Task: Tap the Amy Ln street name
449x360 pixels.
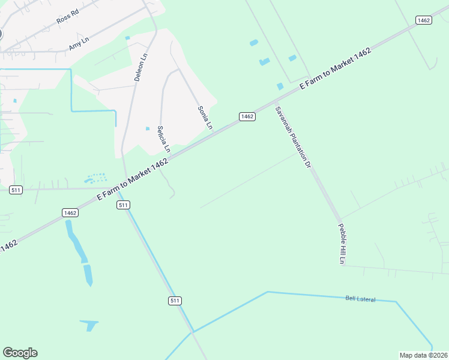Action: coord(79,43)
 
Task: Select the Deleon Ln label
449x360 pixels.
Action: coord(140,68)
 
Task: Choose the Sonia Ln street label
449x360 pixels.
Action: coord(205,118)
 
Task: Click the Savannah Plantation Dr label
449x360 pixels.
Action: coord(294,137)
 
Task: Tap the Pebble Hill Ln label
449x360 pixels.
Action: coord(342,244)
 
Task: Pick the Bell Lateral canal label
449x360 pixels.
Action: coord(360,298)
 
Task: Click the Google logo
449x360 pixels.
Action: coord(20,353)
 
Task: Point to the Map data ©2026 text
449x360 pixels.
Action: coord(423,355)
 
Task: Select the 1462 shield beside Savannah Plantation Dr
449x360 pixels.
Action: coord(247,116)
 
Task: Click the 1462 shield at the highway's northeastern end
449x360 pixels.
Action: coord(423,20)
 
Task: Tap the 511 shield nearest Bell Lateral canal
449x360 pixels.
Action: coord(175,301)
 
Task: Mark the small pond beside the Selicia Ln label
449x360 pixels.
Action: coord(148,128)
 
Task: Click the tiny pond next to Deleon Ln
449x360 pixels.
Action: coord(127,38)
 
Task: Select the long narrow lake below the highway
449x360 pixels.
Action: coord(79,250)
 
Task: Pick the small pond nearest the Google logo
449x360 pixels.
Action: coord(90,325)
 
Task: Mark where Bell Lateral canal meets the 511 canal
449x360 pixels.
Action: coord(193,331)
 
